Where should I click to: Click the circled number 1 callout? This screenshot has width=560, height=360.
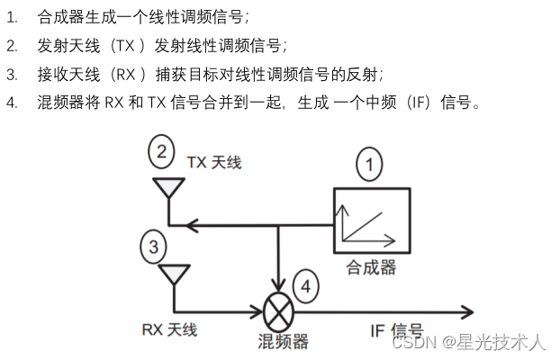pos(368,165)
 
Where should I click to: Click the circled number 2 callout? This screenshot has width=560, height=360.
pos(161,152)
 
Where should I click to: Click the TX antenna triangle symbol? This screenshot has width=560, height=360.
pos(166,188)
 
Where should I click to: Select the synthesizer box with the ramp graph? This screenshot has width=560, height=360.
pos(368,220)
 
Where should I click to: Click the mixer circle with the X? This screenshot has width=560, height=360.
pos(279,312)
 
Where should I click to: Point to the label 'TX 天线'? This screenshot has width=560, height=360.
pos(214,162)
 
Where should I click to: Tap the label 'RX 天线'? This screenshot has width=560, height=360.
pos(169,329)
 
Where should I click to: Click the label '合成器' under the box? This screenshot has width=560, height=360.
pos(371,267)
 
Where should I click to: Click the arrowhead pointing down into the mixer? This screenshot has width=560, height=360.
pos(279,287)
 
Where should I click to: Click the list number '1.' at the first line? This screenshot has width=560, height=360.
pos(12,17)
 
